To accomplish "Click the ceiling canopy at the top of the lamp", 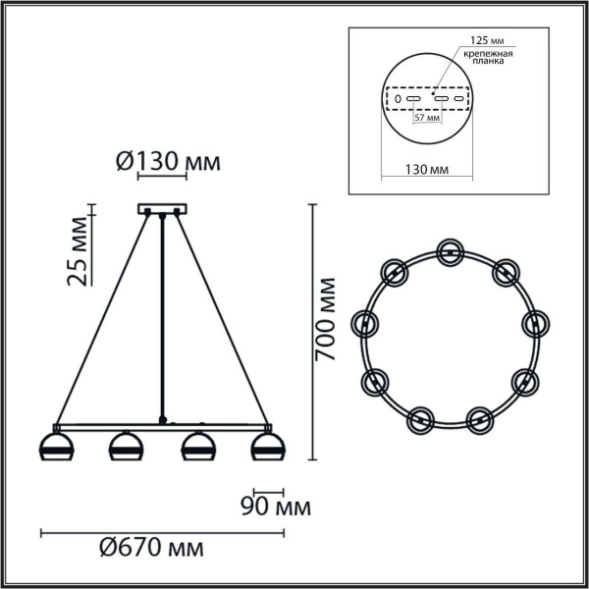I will point(161,208).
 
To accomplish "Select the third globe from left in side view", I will point(196,447).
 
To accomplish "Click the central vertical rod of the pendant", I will point(161,314).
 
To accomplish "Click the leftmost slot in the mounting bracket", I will point(397,99).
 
